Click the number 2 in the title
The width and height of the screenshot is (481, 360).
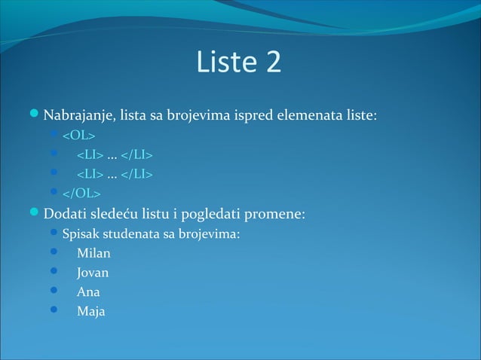pyautogui.click(x=273, y=63)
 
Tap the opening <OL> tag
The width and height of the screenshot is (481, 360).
pyautogui.click(x=78, y=136)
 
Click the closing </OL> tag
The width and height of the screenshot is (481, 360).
pyautogui.click(x=81, y=195)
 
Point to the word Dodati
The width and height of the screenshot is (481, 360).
pyautogui.click(x=66, y=214)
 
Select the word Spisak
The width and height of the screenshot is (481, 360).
pyautogui.click(x=81, y=233)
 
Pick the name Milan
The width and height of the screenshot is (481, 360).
pyautogui.click(x=93, y=253)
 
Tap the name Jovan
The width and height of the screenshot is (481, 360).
pyautogui.click(x=93, y=273)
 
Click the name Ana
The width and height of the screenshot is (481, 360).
pyautogui.click(x=88, y=291)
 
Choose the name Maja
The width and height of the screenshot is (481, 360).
pyautogui.click(x=90, y=311)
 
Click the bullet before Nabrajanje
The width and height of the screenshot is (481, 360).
pyautogui.click(x=35, y=116)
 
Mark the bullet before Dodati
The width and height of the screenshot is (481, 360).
pyautogui.click(x=35, y=213)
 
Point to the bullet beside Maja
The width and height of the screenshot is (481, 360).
pyautogui.click(x=54, y=310)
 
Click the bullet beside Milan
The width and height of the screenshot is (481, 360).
pyautogui.click(x=54, y=252)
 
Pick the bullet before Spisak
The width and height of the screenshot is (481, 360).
pyautogui.click(x=54, y=233)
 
